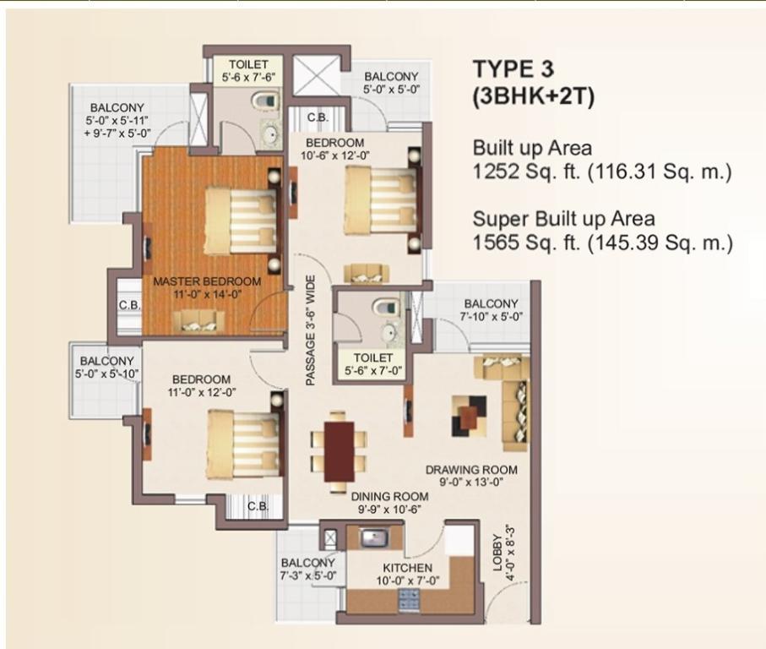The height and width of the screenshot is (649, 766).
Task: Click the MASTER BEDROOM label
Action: pyautogui.click(x=207, y=281)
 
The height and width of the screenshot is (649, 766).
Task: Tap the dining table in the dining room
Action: pyautogui.click(x=339, y=451)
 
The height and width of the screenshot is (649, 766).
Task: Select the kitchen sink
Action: pyautogui.click(x=374, y=537)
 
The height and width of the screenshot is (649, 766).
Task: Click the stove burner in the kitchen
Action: pyautogui.click(x=409, y=599)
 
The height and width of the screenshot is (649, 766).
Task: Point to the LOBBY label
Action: pyautogui.click(x=497, y=553)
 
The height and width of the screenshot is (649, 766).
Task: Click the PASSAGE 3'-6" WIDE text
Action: pyautogui.click(x=310, y=330)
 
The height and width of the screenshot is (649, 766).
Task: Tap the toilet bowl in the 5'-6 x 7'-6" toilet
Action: pyautogui.click(x=264, y=101)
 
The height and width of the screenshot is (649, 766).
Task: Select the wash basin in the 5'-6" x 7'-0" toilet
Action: pyautogui.click(x=389, y=334)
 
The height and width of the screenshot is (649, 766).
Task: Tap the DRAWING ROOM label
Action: pyautogui.click(x=471, y=470)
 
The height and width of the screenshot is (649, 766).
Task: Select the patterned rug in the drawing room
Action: pyautogui.click(x=470, y=416)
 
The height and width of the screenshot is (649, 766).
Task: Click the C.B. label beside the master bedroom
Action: pyautogui.click(x=129, y=305)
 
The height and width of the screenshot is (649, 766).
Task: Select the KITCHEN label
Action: pyautogui.click(x=407, y=568)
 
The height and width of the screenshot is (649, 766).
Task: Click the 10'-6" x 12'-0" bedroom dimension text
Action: pyautogui.click(x=334, y=155)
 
